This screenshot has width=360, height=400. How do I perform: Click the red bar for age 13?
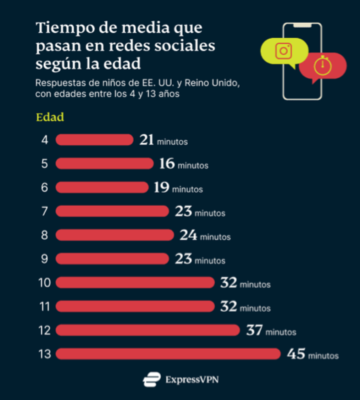168,354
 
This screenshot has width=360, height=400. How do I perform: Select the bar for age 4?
94,140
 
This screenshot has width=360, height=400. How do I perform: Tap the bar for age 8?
115,235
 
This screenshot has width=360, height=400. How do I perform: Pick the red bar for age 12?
148,330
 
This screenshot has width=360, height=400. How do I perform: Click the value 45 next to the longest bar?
296,354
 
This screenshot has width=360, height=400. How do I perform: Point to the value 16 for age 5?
167,164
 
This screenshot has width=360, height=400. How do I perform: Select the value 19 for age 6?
161,188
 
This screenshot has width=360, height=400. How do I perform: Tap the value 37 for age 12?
254,330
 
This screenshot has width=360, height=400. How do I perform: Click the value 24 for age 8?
189,235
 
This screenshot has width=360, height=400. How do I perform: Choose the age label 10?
45,283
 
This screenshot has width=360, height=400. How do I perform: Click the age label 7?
45,212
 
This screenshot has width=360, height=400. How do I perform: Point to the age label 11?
45,307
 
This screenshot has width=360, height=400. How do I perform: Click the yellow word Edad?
50,117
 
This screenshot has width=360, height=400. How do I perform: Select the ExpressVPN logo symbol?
151,379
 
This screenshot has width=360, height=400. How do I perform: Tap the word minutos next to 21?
172,142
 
